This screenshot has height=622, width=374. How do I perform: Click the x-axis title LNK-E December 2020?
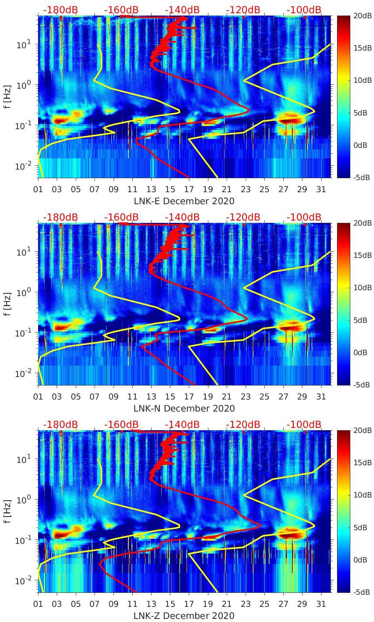pyautogui.click(x=184, y=201)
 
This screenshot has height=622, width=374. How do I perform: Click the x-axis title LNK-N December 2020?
pyautogui.click(x=184, y=408)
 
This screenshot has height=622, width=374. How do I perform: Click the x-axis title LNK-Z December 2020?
pyautogui.click(x=184, y=616)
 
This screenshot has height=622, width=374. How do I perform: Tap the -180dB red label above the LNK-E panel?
pyautogui.click(x=60, y=10)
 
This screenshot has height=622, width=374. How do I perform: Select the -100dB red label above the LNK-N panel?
pyautogui.click(x=304, y=217)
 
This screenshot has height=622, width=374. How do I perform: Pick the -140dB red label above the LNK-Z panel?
pyautogui.click(x=182, y=424)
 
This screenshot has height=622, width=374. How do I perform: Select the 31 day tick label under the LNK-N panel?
pyautogui.click(x=321, y=397)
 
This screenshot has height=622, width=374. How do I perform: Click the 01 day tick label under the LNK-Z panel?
pyautogui.click(x=38, y=604)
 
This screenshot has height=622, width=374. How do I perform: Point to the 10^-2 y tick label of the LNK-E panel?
pyautogui.click(x=23, y=166)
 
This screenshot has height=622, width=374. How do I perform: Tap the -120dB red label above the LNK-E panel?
pyautogui.click(x=243, y=10)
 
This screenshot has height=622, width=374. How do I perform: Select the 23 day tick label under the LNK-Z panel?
pyautogui.click(x=245, y=604)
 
